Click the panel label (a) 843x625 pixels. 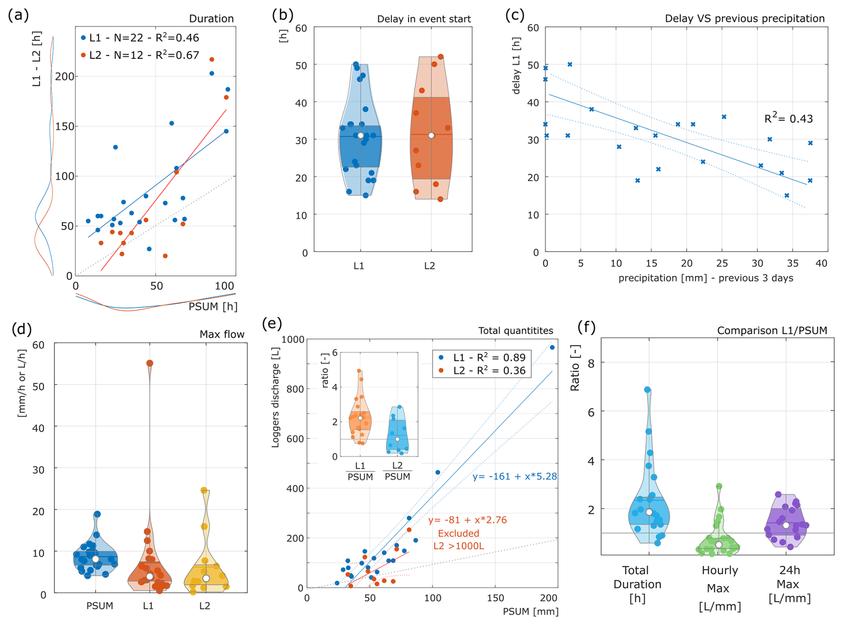pyautogui.click(x=19, y=15)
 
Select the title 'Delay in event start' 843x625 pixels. pyautogui.click(x=423, y=19)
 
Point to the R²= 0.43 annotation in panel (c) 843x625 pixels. pyautogui.click(x=788, y=119)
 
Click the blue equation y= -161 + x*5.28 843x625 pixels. pyautogui.click(x=515, y=476)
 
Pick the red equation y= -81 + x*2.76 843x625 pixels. pyautogui.click(x=467, y=520)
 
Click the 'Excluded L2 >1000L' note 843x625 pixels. pyautogui.click(x=458, y=540)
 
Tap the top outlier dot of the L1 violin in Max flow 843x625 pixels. pyautogui.click(x=150, y=363)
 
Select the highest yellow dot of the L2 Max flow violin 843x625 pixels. pyautogui.click(x=204, y=490)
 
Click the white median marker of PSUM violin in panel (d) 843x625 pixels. pyautogui.click(x=95, y=559)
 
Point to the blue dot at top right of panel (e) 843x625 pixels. pyautogui.click(x=552, y=347)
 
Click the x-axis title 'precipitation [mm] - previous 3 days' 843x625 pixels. pyautogui.click(x=705, y=278)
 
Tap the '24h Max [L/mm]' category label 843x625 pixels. pyautogui.click(x=789, y=584)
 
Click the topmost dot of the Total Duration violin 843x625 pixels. pyautogui.click(x=647, y=390)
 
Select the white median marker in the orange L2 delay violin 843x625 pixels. pyautogui.click(x=431, y=135)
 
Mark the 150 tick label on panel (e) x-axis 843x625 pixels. pyautogui.click(x=495, y=598)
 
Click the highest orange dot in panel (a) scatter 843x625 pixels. pyautogui.click(x=212, y=59)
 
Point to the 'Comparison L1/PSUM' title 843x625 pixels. pyautogui.click(x=772, y=331)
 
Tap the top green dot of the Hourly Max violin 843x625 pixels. pyautogui.click(x=719, y=486)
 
